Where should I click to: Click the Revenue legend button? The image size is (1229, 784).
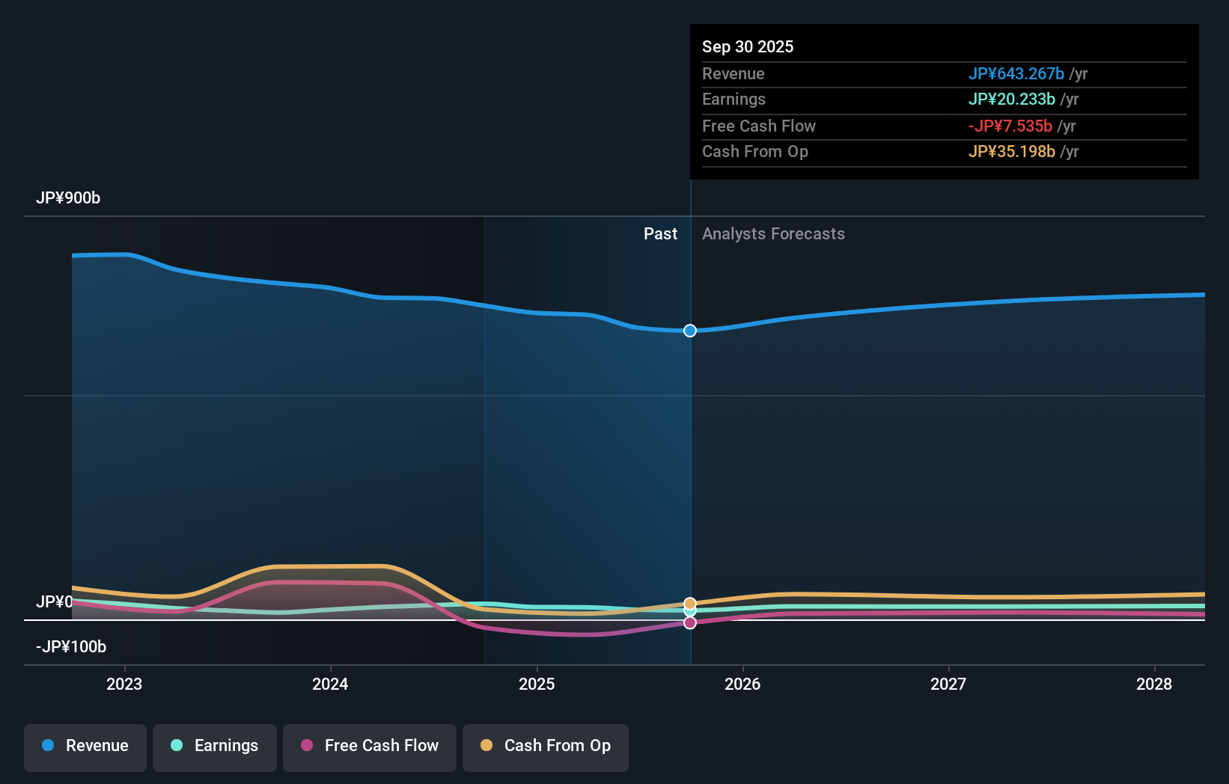click(x=85, y=746)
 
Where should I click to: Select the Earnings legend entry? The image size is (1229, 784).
click(x=215, y=746)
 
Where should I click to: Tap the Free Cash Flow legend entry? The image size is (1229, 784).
click(x=370, y=746)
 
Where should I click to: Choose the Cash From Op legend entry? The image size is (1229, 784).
click(x=546, y=746)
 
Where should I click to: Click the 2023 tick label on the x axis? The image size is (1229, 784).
click(x=124, y=684)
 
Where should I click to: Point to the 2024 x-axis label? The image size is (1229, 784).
click(x=330, y=684)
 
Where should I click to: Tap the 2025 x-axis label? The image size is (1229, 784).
click(x=537, y=684)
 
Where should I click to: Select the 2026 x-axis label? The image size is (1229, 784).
click(x=742, y=684)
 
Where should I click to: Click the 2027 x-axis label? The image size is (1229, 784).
click(x=948, y=684)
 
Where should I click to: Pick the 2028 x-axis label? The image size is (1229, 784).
click(x=1154, y=684)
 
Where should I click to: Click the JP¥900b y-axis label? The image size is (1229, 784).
click(x=68, y=198)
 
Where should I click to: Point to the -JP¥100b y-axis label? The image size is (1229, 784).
click(x=71, y=647)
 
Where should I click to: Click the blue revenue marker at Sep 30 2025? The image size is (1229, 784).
click(x=690, y=331)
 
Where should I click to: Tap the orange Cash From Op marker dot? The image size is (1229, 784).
click(x=690, y=603)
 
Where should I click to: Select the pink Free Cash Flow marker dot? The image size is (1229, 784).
click(x=690, y=622)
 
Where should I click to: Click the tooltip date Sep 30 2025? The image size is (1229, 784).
click(x=748, y=46)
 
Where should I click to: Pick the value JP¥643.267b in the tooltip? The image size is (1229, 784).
click(x=1016, y=73)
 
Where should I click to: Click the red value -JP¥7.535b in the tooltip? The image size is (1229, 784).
click(x=1010, y=126)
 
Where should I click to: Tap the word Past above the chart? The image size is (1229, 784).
click(x=660, y=234)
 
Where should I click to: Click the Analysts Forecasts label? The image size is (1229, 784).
click(x=773, y=234)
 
